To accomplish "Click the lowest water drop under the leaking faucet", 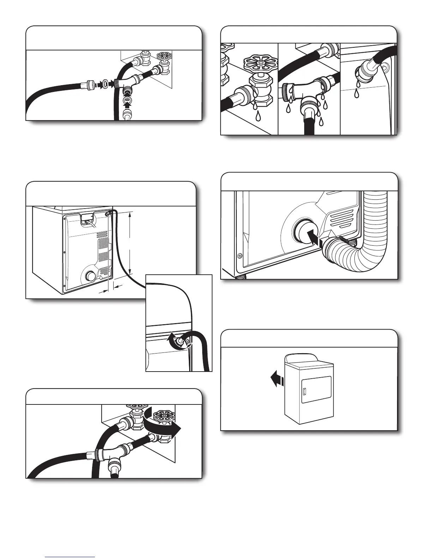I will (x=258, y=116).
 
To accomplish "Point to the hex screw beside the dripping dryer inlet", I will (x=386, y=66).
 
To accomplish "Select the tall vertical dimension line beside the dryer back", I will (x=131, y=243).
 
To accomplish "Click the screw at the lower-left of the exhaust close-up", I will (x=240, y=256).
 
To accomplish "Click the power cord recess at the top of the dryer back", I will (x=87, y=219).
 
